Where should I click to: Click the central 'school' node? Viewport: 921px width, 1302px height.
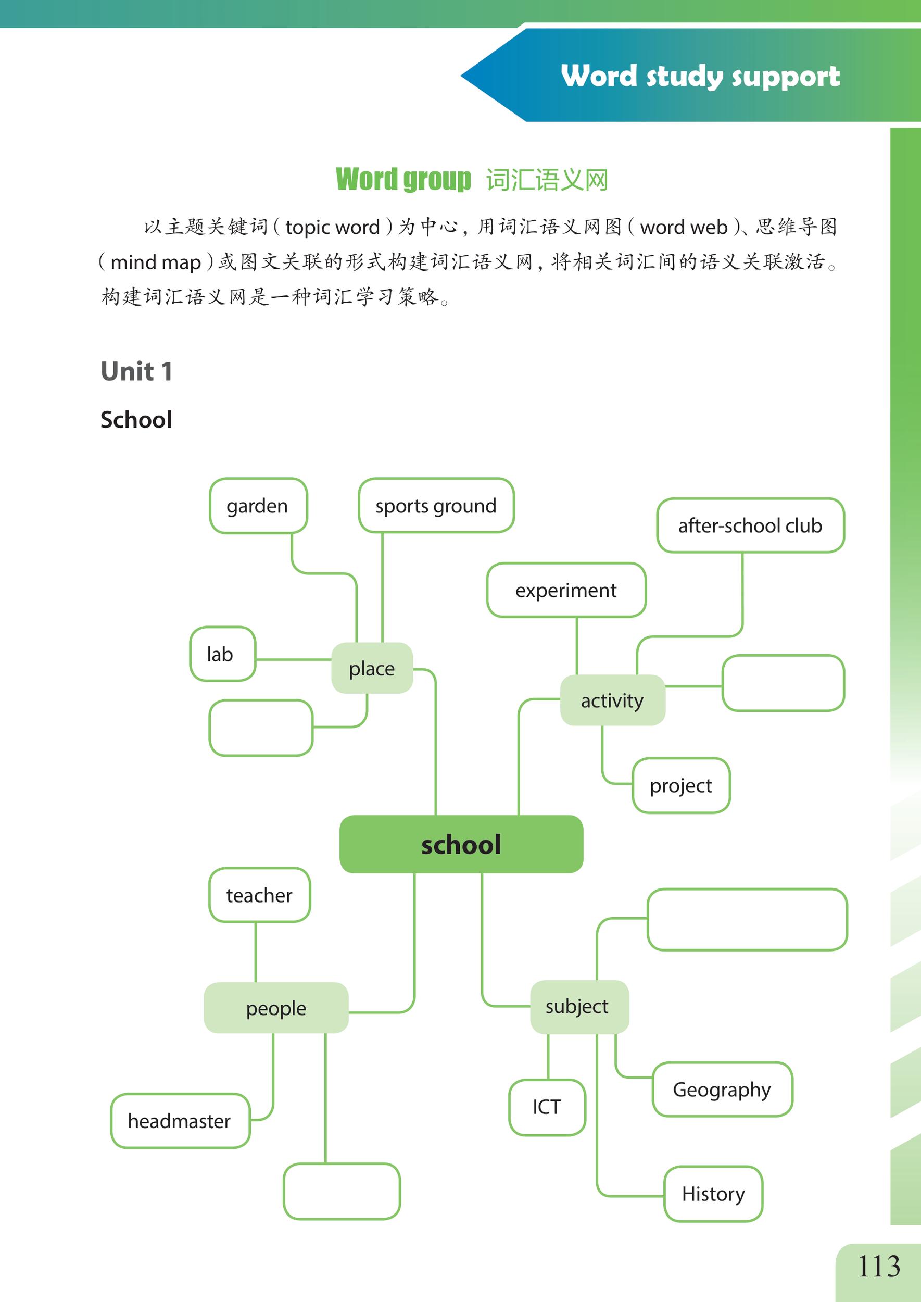click(x=461, y=844)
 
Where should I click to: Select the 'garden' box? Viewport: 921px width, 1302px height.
click(x=258, y=506)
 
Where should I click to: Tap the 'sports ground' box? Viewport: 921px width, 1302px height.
click(x=436, y=506)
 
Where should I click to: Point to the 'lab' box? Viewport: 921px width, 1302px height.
click(x=222, y=654)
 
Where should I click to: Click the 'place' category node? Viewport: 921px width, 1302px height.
click(x=372, y=668)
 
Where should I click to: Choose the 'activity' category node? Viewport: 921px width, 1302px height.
click(x=612, y=700)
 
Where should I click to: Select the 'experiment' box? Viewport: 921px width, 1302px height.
click(x=566, y=590)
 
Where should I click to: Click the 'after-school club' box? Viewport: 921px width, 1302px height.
click(x=750, y=525)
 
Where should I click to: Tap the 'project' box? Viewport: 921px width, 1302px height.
click(x=681, y=785)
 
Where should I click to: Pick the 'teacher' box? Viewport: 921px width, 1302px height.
click(x=259, y=895)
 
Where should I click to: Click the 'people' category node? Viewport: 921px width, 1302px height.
click(x=276, y=1008)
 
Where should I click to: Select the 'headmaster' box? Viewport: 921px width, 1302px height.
click(x=180, y=1121)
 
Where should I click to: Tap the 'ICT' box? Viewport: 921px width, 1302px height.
click(x=547, y=1107)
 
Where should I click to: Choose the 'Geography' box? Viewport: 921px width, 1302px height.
click(x=722, y=1090)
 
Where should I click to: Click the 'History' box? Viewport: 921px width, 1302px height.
click(x=713, y=1194)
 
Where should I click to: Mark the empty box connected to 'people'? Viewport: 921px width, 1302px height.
click(x=342, y=1192)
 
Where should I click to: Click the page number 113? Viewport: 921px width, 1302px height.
click(x=878, y=1266)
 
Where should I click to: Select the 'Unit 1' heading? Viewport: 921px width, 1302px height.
click(x=136, y=372)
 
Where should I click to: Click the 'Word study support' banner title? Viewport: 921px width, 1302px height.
click(x=700, y=76)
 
